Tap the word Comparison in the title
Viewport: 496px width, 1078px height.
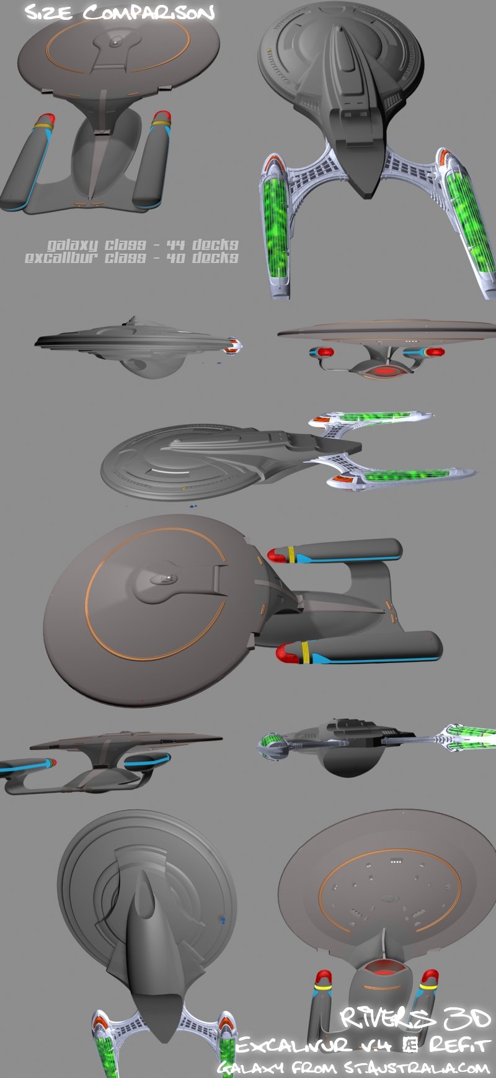149,12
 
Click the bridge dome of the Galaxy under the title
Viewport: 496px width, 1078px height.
115,42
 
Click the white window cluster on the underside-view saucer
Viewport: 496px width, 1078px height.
396,862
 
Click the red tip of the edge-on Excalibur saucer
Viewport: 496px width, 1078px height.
232,346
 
